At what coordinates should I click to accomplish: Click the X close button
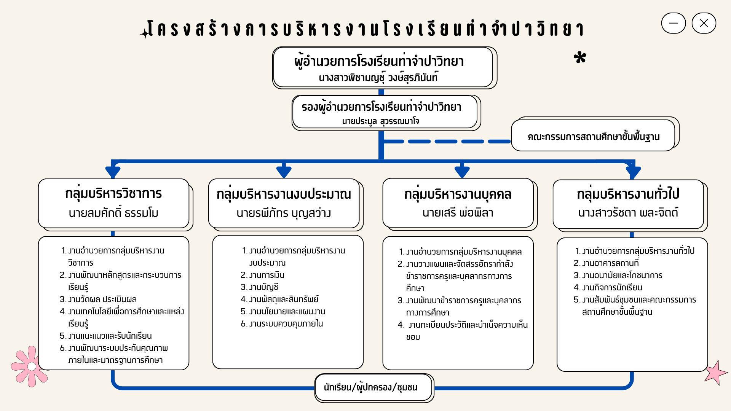coord(704,23)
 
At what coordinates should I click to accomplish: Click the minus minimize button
coord(674,23)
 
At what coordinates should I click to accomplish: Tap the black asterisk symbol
coord(580,57)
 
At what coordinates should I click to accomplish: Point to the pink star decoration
coord(716,373)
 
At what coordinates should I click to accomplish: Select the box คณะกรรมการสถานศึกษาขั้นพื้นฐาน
coord(594,135)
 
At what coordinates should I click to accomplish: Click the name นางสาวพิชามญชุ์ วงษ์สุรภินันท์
coord(378,78)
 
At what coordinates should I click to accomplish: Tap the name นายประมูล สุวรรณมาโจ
coord(380,121)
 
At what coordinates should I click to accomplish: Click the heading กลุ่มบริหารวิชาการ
coord(113,194)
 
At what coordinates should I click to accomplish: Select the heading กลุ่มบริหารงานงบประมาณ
coord(284,194)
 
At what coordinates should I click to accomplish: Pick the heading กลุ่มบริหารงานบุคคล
coord(458,194)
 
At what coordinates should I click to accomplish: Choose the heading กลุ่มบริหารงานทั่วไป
coord(628,194)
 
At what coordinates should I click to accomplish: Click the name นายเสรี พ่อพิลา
coord(458,212)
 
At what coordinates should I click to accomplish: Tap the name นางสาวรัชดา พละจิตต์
coord(628,212)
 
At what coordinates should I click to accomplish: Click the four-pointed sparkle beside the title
coord(145,33)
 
